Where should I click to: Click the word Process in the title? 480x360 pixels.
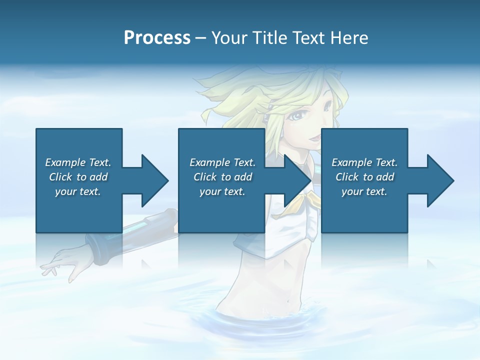click(157, 38)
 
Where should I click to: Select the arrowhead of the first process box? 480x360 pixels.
click(154, 180)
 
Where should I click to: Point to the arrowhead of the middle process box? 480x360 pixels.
click(297, 180)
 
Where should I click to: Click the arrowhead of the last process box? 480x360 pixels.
click(440, 180)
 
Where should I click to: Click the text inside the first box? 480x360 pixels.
click(78, 177)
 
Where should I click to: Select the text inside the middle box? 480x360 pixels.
click(222, 177)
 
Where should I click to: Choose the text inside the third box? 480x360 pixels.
click(364, 177)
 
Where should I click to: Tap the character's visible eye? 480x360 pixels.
click(299, 115)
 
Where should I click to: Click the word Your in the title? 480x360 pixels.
click(227, 38)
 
